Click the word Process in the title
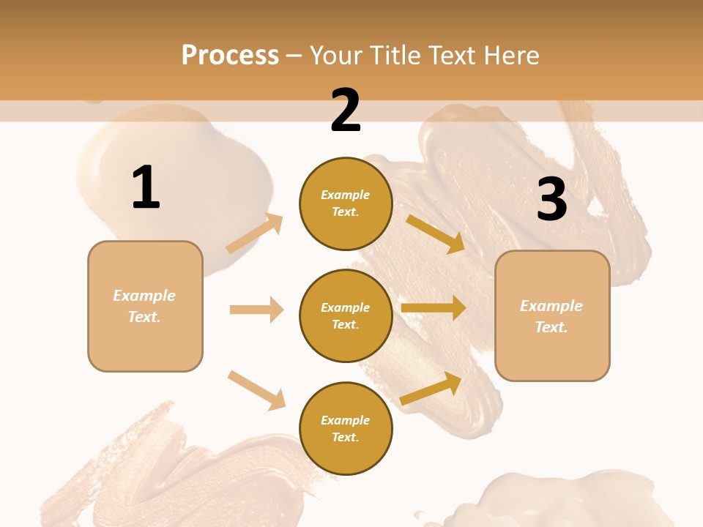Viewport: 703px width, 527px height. (x=230, y=56)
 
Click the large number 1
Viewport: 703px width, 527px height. (x=146, y=188)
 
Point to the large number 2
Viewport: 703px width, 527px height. (x=346, y=111)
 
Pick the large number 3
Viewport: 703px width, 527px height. (x=551, y=200)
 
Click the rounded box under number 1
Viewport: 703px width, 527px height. (x=145, y=306)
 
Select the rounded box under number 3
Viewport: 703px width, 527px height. (x=552, y=315)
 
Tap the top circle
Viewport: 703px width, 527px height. (x=346, y=203)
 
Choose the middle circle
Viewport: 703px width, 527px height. (x=346, y=315)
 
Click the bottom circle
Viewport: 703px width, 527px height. (x=346, y=428)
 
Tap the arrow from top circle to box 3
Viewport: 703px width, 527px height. (x=436, y=233)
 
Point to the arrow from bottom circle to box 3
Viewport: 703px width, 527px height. (x=431, y=388)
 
